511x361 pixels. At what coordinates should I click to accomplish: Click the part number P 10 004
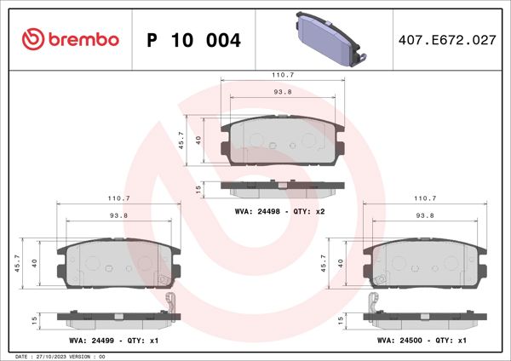coord(193,40)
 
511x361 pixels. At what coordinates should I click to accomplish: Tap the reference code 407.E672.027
coord(446,40)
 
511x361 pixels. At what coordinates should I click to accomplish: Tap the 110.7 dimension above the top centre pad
coord(283,75)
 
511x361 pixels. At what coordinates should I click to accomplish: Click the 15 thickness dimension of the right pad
coord(341,320)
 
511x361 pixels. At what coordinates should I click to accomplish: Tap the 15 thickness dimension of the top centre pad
coord(198,188)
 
